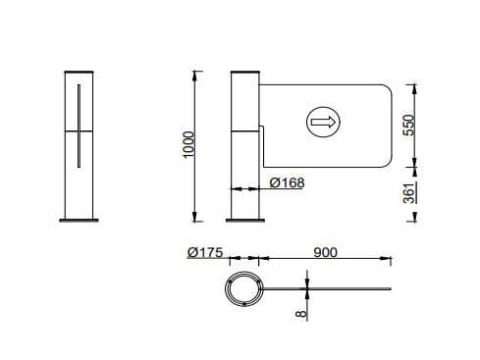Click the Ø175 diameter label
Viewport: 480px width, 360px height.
pyautogui.click(x=205, y=252)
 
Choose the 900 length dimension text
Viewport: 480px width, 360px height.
pyautogui.click(x=326, y=252)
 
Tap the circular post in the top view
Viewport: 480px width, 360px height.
pyautogui.click(x=241, y=290)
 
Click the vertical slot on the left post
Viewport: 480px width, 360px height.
pyautogui.click(x=77, y=126)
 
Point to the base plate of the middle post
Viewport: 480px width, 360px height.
pyautogui.click(x=244, y=221)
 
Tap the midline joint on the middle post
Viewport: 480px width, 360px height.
pyautogui.click(x=244, y=128)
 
